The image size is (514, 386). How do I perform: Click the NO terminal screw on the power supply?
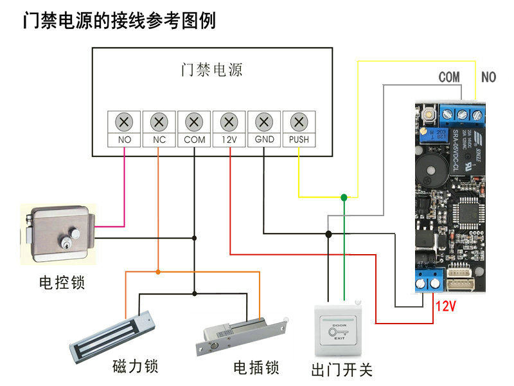(124, 121)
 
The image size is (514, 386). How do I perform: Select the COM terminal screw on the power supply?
(194, 121)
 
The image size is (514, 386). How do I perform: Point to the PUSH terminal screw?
(299, 121)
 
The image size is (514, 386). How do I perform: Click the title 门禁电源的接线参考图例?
(119, 21)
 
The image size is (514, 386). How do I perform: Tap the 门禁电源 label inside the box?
(212, 69)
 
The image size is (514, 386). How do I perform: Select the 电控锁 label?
(62, 282)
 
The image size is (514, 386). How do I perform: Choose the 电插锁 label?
(256, 368)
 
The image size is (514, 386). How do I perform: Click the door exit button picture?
(341, 331)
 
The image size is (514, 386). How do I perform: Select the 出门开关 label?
(341, 371)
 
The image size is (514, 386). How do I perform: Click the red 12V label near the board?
(445, 306)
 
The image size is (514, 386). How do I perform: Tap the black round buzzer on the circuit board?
(427, 169)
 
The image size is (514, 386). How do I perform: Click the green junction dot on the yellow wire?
(344, 197)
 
